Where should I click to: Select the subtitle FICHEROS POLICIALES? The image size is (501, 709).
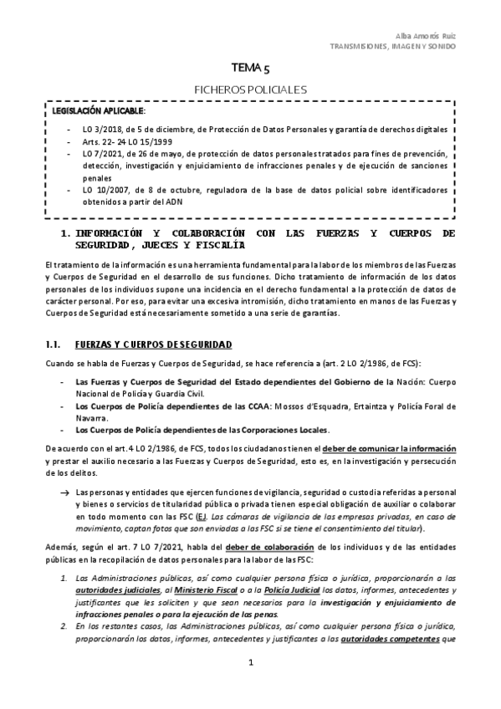point(250,88)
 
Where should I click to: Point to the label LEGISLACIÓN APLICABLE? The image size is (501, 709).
point(99,110)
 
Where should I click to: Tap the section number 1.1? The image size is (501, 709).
point(54,344)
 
